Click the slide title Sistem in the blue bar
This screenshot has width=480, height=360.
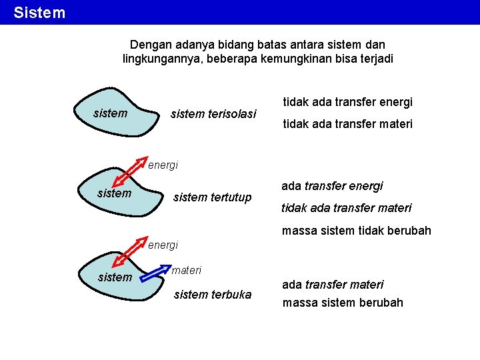[39, 13]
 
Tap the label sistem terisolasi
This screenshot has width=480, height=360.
[213, 114]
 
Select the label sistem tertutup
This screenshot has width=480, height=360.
[213, 197]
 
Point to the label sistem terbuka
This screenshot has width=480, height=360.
[213, 294]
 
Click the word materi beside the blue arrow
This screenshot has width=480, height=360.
[187, 270]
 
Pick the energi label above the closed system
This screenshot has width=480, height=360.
[163, 165]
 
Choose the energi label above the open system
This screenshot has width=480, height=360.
[163, 245]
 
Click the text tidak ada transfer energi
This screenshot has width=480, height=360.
[348, 102]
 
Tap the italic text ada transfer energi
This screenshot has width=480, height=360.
[332, 186]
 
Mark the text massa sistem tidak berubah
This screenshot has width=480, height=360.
[357, 231]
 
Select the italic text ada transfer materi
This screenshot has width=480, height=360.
[333, 285]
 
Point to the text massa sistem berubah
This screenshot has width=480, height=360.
[343, 303]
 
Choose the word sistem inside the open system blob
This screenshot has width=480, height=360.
[115, 277]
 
